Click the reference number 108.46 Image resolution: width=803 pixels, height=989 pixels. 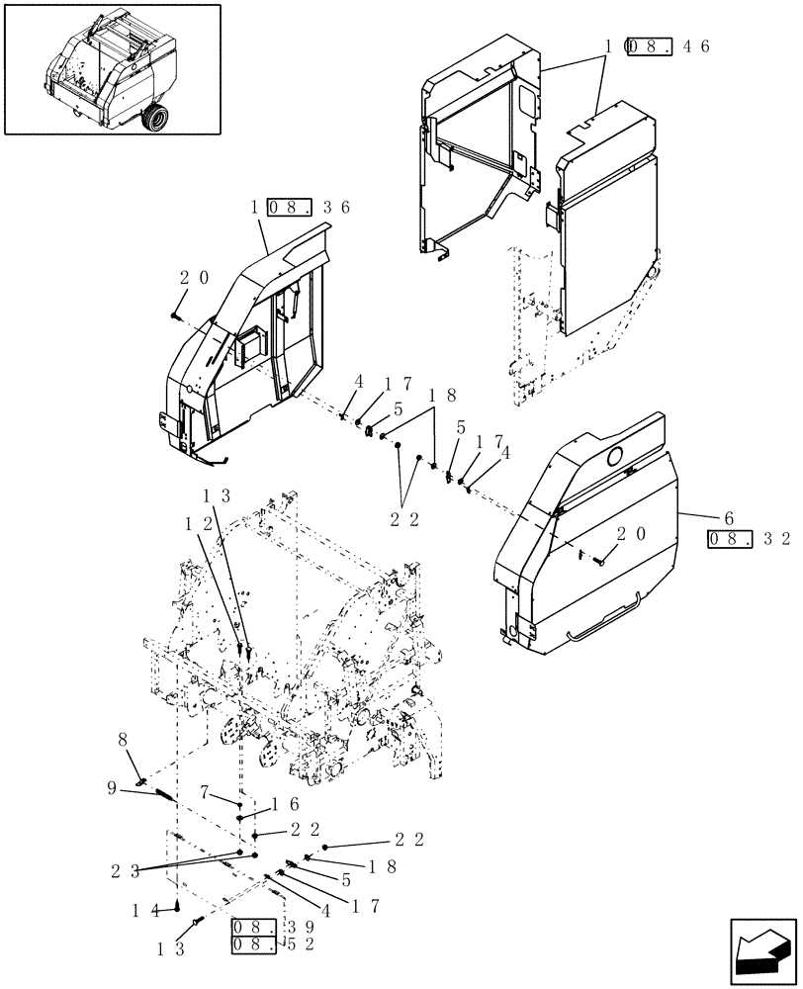tap(657, 46)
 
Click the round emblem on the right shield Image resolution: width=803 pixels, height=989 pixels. tap(614, 455)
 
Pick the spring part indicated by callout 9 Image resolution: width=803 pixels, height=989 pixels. tap(167, 796)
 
